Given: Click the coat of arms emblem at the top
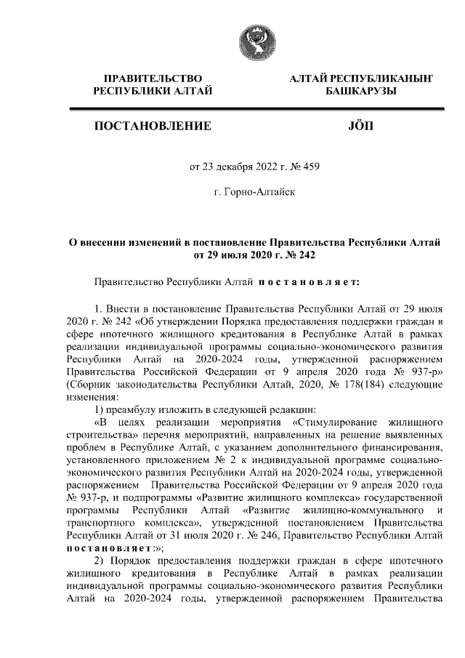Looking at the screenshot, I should [250, 43].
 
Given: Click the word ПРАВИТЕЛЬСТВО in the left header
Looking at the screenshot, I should [152, 77].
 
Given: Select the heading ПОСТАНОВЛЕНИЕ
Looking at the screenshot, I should [153, 127].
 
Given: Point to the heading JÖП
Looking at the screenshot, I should [360, 127].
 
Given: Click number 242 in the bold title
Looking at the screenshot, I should [299, 255].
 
